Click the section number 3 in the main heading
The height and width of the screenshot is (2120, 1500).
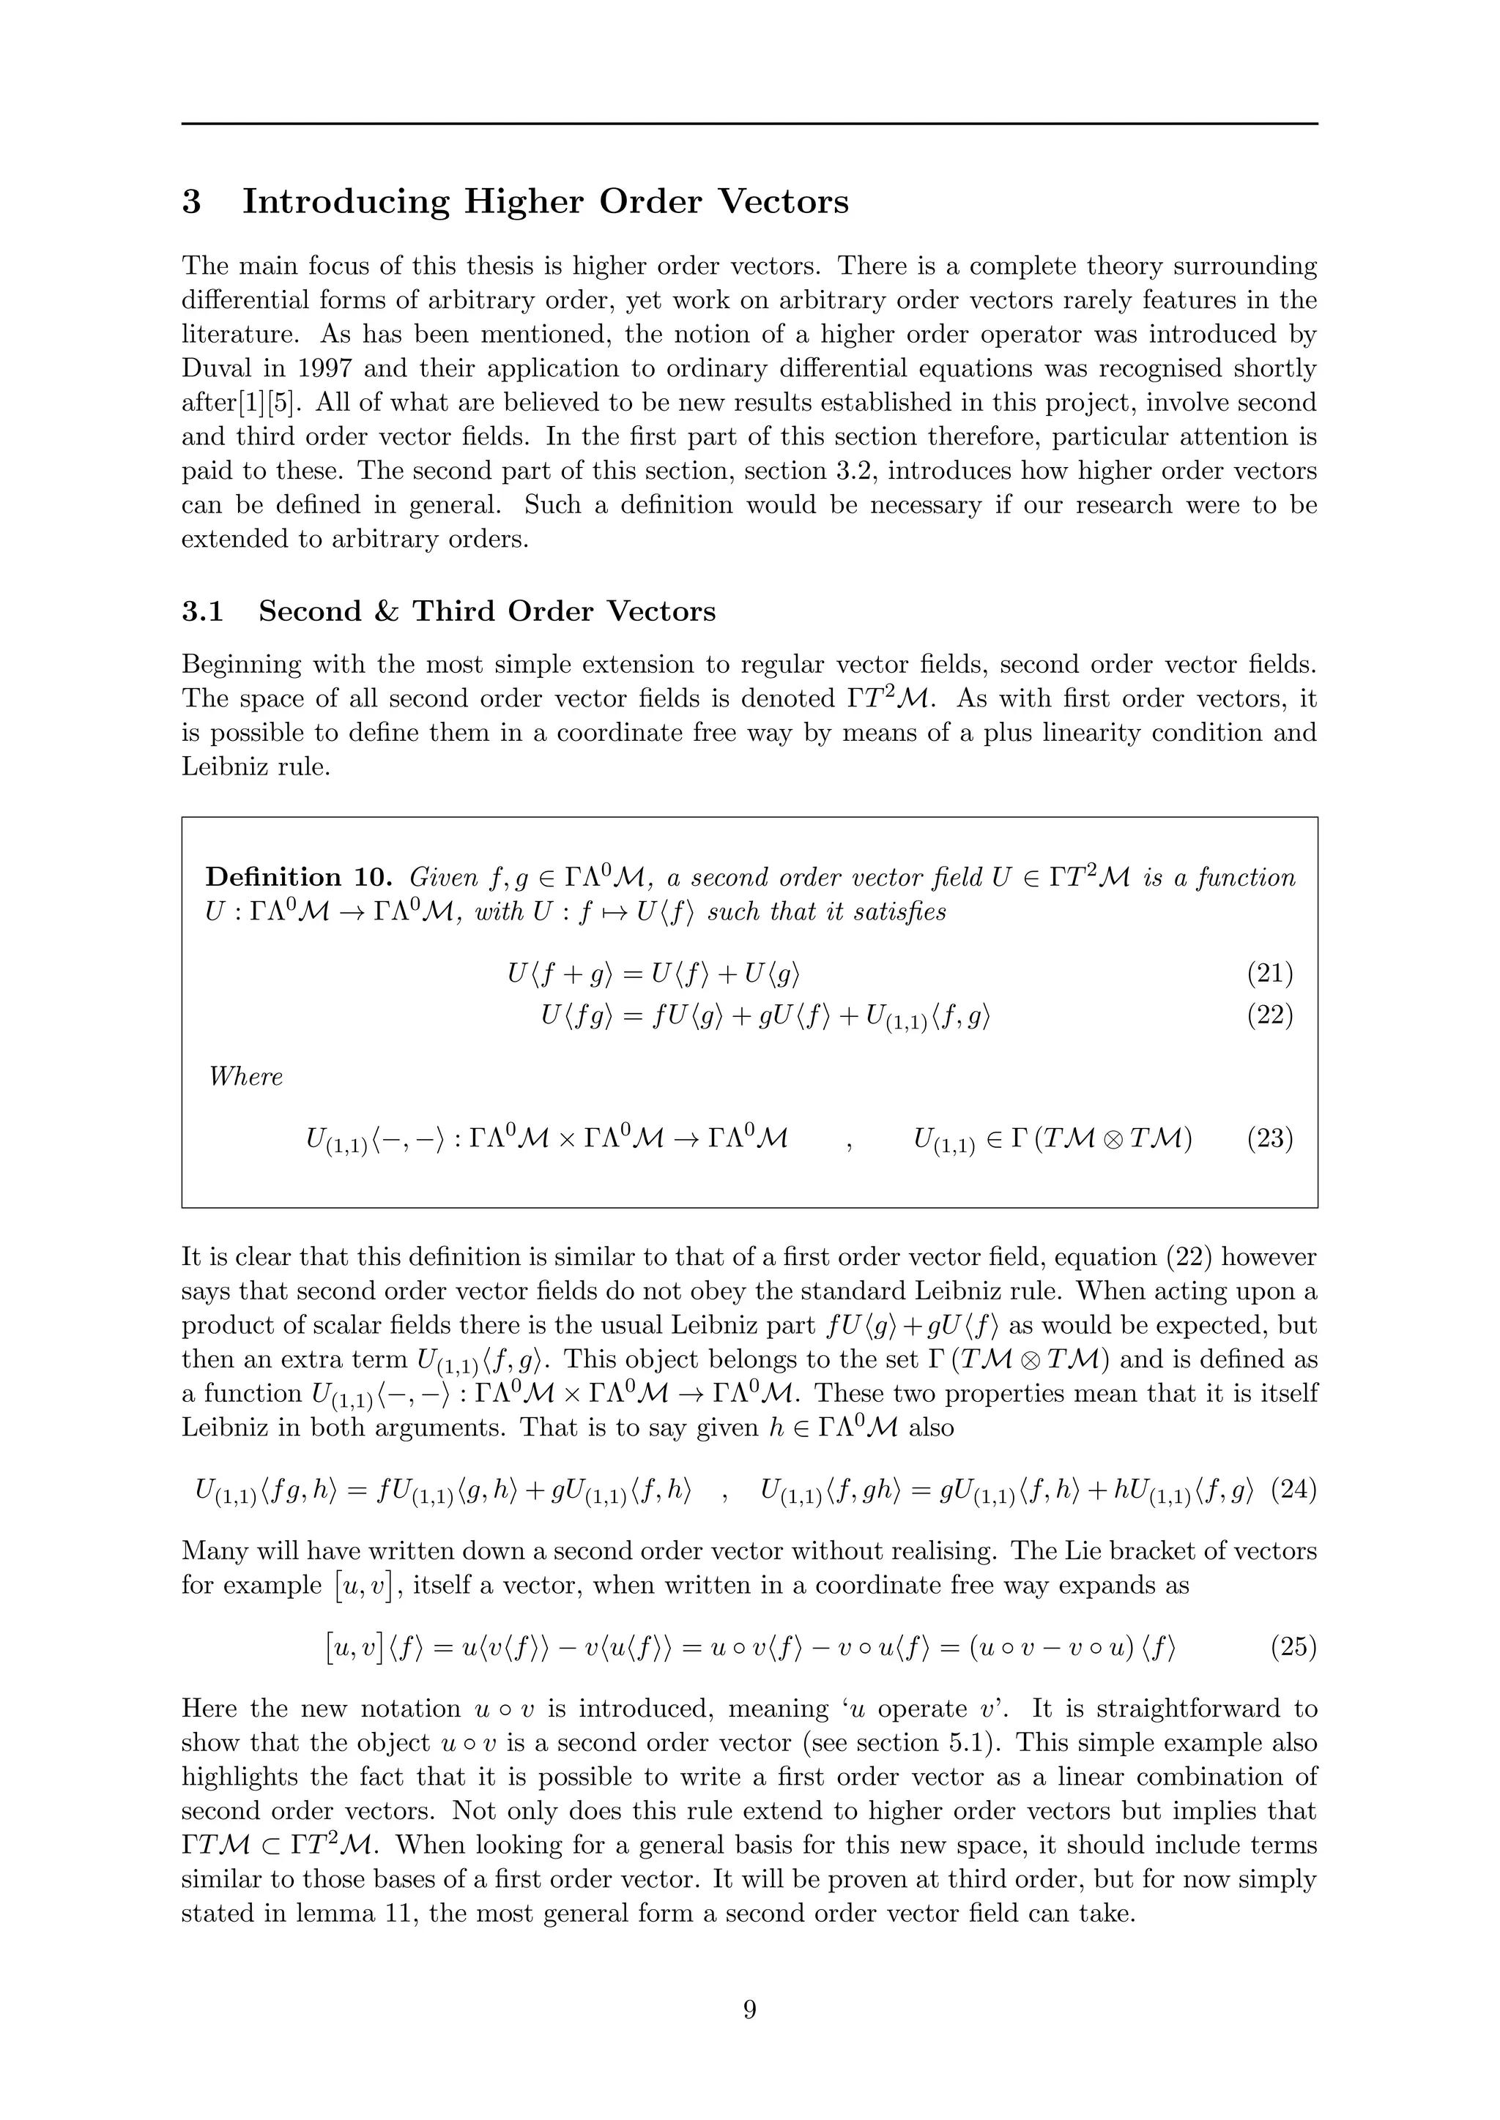pyautogui.click(x=191, y=201)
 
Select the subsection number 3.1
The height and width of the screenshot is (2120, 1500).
pyautogui.click(x=202, y=611)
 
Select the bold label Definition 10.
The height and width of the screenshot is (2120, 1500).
pyautogui.click(x=300, y=877)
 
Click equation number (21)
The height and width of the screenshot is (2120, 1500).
pyautogui.click(x=1269, y=972)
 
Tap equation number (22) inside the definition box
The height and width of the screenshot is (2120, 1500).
pyautogui.click(x=1269, y=1015)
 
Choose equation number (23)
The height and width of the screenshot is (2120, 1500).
pyautogui.click(x=1269, y=1138)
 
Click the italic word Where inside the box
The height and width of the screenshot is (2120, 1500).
pyautogui.click(x=245, y=1077)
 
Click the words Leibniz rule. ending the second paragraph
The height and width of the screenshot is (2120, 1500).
pyautogui.click(x=255, y=767)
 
